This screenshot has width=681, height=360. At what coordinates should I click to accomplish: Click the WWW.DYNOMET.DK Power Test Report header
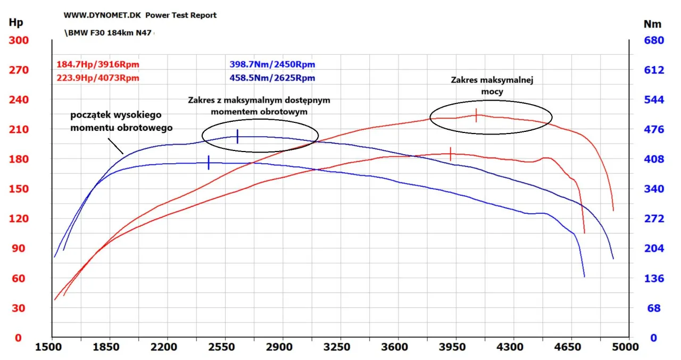140,15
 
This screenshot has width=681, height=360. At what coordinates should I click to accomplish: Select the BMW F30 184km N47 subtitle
109,33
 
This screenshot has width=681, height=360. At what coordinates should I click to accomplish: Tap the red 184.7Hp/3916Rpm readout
97,65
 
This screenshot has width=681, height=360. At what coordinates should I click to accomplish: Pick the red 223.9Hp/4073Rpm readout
97,78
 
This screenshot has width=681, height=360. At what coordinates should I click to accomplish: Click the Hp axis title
16,23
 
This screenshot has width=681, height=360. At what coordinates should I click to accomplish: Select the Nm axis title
652,24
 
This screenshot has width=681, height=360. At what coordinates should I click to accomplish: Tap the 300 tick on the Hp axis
18,41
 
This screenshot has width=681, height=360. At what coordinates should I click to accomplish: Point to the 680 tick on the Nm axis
654,41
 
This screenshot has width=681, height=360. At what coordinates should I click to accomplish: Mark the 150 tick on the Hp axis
18,189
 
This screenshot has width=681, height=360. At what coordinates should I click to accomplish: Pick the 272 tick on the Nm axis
654,219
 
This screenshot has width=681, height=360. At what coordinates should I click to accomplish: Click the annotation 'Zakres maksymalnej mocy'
492,86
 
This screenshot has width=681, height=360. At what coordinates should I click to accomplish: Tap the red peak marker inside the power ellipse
476,115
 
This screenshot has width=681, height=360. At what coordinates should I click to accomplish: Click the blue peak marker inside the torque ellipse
237,137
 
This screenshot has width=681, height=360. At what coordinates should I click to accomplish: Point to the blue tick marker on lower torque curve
209,163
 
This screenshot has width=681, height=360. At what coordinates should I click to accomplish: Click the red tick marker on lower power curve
451,154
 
